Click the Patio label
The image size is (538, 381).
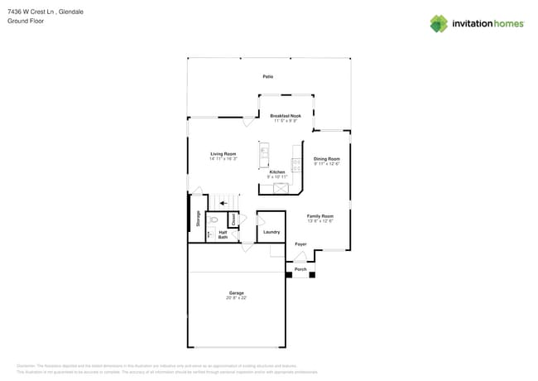coord(268,76)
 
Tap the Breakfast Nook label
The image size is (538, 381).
coord(286,116)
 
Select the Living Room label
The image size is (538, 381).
coord(223,154)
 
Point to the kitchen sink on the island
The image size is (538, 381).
coord(264,151)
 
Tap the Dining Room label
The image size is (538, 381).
coord(326,158)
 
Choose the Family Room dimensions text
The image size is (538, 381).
coord(320,221)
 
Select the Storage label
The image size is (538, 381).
coord(199,218)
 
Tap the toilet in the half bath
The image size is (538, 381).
coord(214,219)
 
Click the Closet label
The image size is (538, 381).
coord(233,219)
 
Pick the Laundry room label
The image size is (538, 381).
coord(271,232)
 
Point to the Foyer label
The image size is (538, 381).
coord(301,244)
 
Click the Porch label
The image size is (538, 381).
coord(301,269)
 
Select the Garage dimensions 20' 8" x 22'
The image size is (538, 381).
coord(238,297)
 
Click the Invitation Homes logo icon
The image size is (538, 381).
coord(439,23)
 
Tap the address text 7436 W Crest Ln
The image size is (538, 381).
coord(35,12)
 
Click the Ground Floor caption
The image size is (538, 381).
coord(25,21)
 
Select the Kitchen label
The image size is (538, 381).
coord(277,171)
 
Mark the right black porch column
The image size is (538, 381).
coord(312,274)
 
